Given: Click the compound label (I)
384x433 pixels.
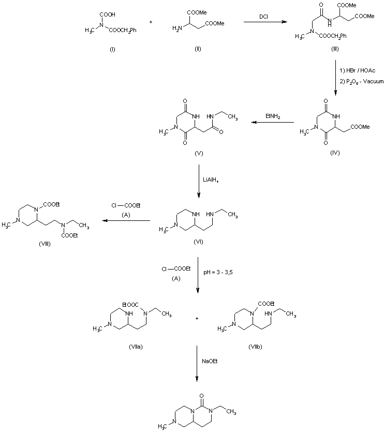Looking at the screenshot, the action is (x=112, y=50).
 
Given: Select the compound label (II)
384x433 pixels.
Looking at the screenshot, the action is (x=198, y=49).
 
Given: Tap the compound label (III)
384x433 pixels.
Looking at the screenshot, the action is (x=335, y=49).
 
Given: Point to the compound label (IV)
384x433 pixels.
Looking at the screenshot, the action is (x=335, y=153).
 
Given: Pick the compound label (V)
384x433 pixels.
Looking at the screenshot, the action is (x=199, y=153).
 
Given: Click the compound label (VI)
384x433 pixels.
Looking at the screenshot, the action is (x=198, y=242).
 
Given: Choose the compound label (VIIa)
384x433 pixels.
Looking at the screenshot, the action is (x=136, y=347).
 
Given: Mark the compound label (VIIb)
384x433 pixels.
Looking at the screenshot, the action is (x=255, y=347).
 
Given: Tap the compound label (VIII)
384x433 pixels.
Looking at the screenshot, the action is (x=45, y=244).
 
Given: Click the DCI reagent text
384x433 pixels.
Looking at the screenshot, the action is (x=263, y=17).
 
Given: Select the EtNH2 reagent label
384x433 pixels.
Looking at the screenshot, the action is (x=273, y=116).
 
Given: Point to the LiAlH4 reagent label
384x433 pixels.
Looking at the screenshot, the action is (x=211, y=181).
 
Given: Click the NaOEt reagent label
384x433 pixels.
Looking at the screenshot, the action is (x=210, y=361).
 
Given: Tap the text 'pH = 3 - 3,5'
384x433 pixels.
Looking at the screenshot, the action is (x=218, y=272).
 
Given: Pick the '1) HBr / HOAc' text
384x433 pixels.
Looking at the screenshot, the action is (x=358, y=71).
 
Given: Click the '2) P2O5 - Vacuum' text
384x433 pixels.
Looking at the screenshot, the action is (x=362, y=82).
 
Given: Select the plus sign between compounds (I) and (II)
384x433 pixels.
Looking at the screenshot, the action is (x=151, y=22).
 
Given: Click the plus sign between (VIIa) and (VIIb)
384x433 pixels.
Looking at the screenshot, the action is (x=197, y=318).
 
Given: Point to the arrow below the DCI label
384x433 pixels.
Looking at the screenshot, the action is (x=265, y=22).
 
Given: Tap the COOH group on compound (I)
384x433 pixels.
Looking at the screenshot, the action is (x=108, y=14).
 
